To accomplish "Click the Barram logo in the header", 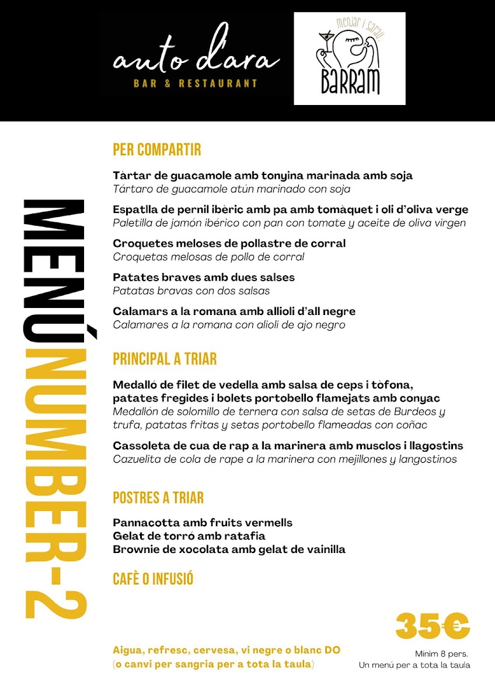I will [349, 58].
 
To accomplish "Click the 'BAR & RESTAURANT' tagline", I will [196, 83].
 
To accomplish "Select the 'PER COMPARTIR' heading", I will [156, 150].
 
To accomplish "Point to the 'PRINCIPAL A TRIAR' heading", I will [165, 359].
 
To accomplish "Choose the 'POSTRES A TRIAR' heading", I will [158, 498].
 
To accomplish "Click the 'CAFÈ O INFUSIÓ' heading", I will [153, 579].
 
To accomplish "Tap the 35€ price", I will [433, 626].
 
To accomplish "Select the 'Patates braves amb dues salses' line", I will [204, 277].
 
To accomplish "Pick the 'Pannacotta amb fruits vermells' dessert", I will [203, 523].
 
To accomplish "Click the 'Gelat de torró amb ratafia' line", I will [189, 535].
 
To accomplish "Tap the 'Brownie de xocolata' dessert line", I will [229, 549].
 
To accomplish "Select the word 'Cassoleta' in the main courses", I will [139, 446].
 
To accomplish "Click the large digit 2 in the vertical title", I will [56, 597].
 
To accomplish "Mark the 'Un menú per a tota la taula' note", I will [414, 665].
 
